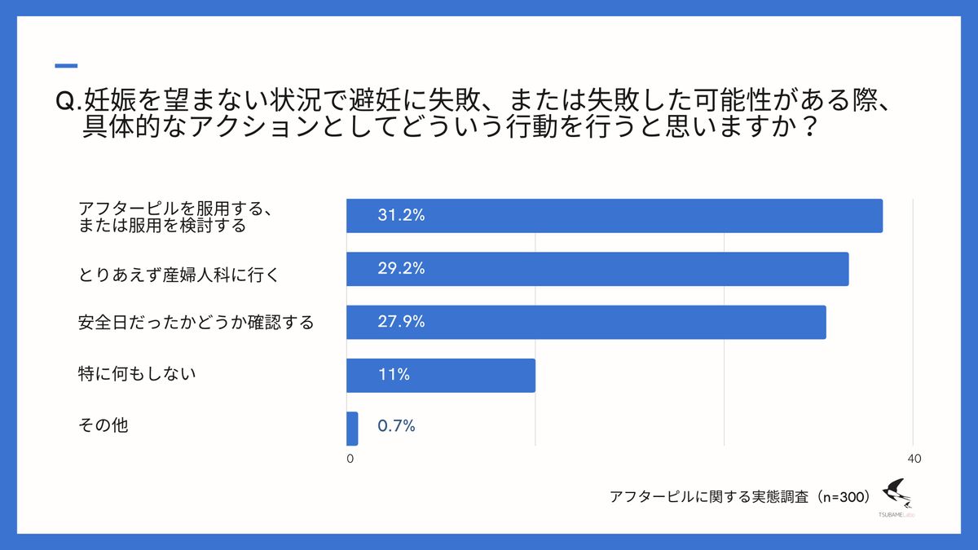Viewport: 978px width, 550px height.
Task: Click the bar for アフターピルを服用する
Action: click(614, 216)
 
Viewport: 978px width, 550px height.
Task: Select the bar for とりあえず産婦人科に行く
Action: click(597, 269)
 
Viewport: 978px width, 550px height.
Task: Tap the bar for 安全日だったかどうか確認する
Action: click(585, 322)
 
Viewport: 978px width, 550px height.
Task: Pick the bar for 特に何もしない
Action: click(440, 376)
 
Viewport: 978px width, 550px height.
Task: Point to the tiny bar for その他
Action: click(352, 429)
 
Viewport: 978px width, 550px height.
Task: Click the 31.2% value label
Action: click(401, 216)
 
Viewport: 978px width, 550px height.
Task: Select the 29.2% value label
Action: click(401, 269)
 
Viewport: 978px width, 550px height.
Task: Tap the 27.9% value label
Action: click(401, 322)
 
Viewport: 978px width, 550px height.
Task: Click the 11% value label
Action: click(393, 376)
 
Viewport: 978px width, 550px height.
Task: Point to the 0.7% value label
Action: click(397, 425)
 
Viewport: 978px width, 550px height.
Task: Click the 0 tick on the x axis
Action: click(350, 460)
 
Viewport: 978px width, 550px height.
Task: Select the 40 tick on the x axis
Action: click(914, 460)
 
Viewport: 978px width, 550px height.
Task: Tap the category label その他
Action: click(103, 425)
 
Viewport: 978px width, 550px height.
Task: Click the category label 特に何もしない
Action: click(137, 374)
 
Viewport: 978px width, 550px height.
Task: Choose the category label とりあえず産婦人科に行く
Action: click(179, 275)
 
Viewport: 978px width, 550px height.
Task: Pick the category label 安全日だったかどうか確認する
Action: click(196, 323)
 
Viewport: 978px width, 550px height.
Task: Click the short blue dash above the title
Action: click(65, 66)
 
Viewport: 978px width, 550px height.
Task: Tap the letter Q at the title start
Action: click(64, 101)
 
